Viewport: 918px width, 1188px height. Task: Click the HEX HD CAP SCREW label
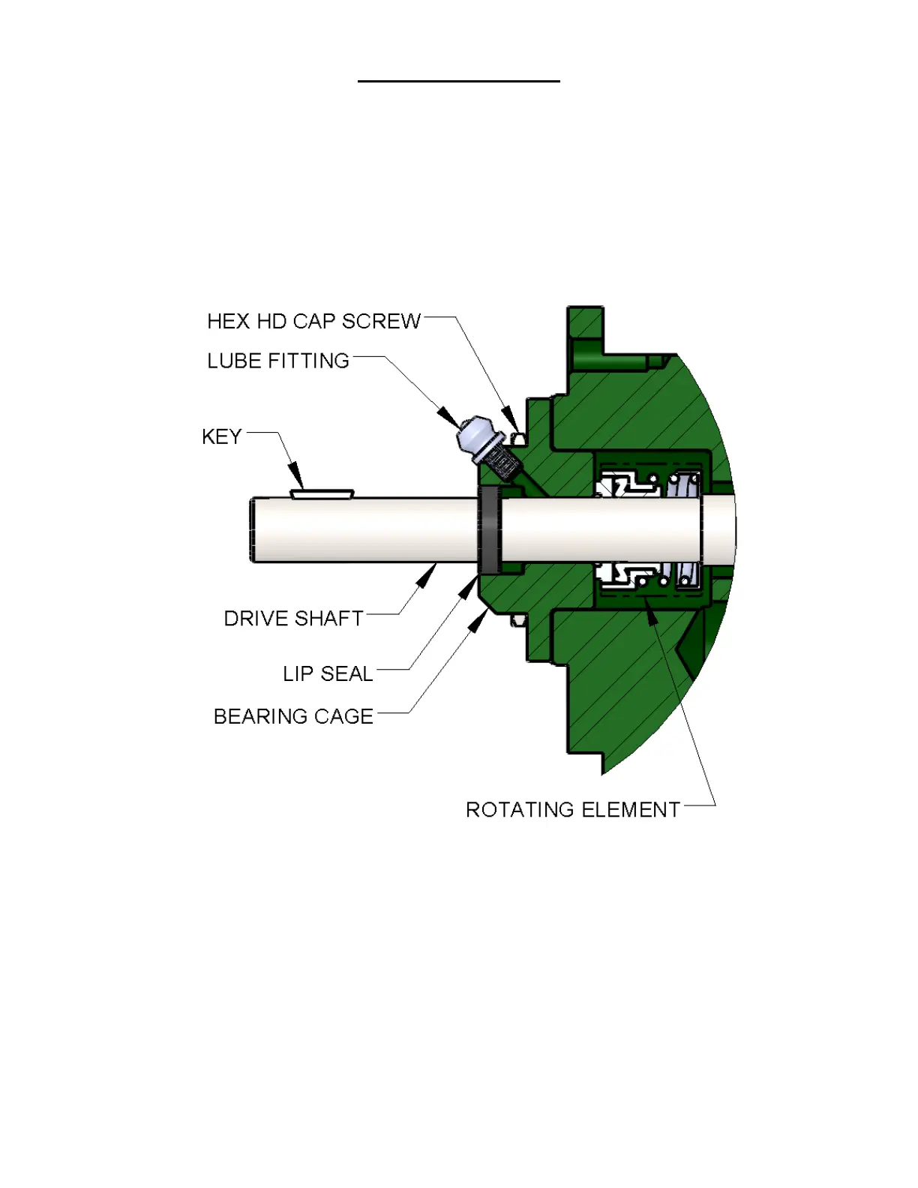point(313,322)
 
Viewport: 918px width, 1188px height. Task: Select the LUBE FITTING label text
point(278,361)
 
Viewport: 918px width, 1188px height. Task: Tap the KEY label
point(221,437)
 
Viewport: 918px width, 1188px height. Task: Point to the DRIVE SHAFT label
point(293,619)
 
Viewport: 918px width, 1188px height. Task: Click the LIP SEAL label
point(328,674)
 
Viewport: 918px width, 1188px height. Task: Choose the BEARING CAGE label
point(293,717)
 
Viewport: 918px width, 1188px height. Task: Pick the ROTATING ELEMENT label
point(573,810)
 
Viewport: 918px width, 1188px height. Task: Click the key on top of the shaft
point(322,494)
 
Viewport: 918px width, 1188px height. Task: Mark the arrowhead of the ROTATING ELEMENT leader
point(651,615)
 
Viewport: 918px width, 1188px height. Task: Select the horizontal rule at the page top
point(458,81)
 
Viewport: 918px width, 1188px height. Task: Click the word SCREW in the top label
point(381,322)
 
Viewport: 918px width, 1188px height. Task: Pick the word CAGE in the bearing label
point(343,717)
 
